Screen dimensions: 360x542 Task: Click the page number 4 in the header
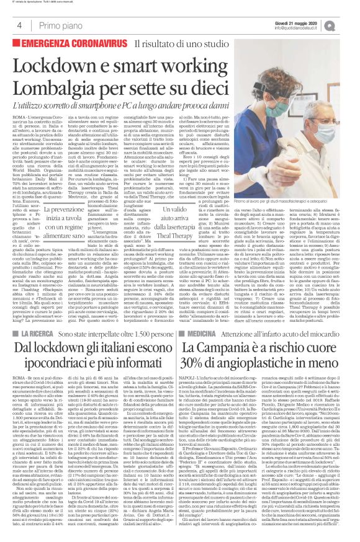[20, 25]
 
